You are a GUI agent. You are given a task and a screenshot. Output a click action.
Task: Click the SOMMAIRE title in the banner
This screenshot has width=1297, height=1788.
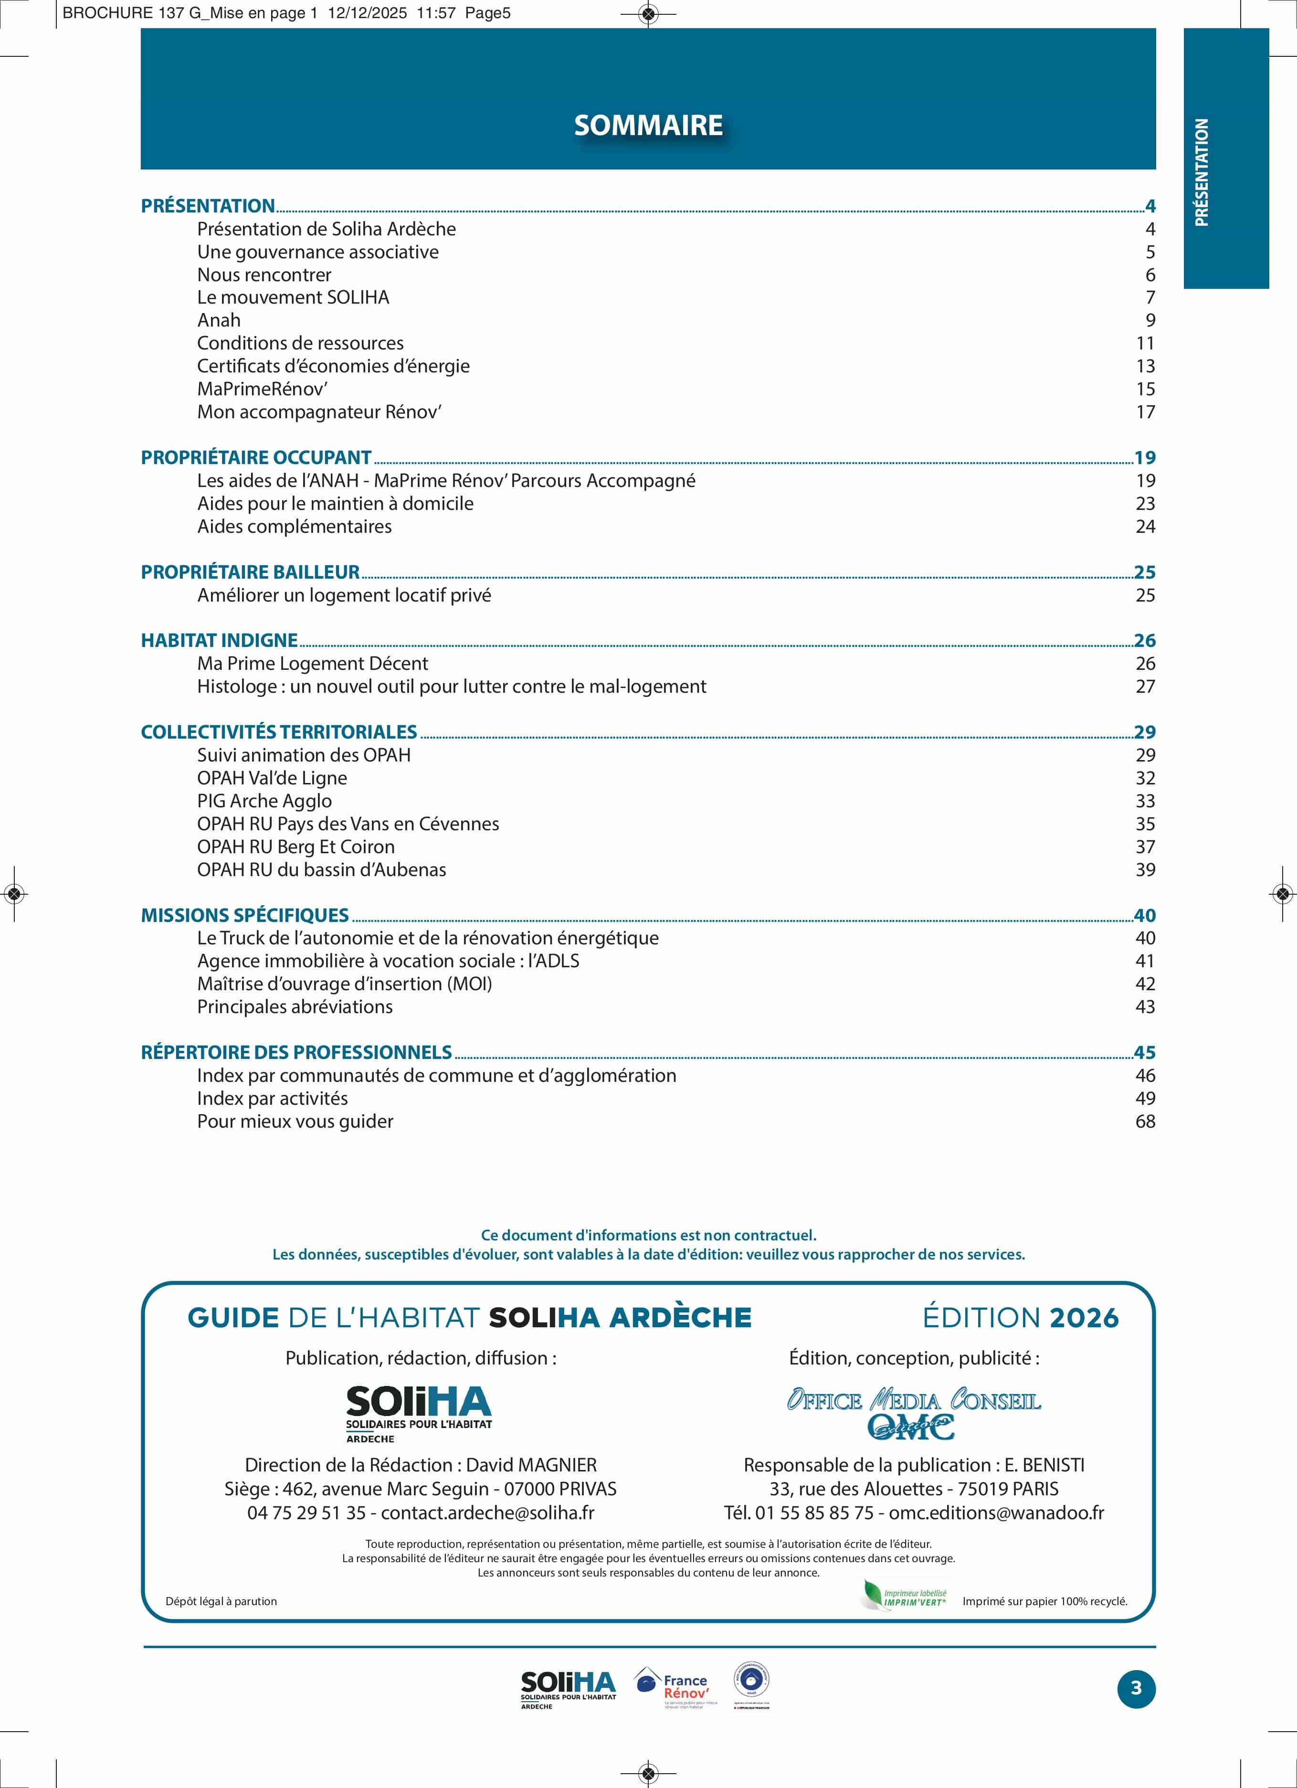point(648,126)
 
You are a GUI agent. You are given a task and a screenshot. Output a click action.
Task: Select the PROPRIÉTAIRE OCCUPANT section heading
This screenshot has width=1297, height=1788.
point(255,457)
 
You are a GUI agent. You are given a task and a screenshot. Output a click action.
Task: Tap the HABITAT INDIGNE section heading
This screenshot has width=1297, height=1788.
point(219,640)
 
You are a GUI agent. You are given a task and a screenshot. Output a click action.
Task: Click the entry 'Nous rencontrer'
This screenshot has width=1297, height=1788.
point(264,275)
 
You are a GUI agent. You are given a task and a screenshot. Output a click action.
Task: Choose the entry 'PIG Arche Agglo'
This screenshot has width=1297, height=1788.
point(264,801)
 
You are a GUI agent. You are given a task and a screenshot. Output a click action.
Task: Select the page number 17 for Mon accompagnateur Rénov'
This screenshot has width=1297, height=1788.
point(1145,413)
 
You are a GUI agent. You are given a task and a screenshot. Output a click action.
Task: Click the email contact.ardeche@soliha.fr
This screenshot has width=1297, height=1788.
point(487,1513)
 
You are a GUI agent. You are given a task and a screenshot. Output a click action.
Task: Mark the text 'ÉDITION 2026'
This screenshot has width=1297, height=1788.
point(1020,1318)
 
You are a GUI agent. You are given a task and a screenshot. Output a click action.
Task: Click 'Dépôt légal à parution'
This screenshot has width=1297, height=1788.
point(221,1601)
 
